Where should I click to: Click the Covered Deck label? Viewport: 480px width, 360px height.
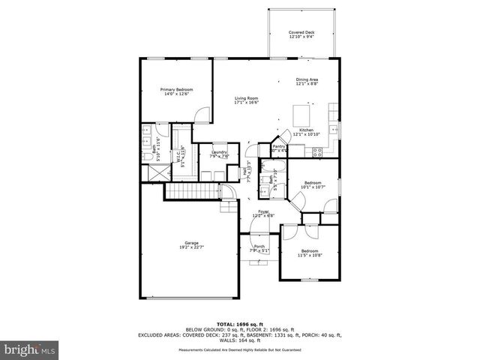(x=302, y=34)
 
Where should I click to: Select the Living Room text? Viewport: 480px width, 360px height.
(x=246, y=100)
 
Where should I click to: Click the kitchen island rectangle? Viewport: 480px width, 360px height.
(x=301, y=115)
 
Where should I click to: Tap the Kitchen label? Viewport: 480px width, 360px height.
(x=307, y=132)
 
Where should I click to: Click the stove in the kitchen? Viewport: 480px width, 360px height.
(x=317, y=151)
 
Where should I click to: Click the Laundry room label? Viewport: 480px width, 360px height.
(x=219, y=154)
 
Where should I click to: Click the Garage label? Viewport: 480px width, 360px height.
(x=192, y=244)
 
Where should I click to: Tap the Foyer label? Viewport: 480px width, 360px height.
(x=263, y=214)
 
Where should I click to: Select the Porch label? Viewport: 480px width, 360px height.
(x=259, y=248)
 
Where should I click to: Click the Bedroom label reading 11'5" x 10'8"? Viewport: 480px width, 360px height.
(x=310, y=253)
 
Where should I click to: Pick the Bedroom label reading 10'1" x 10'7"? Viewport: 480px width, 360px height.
(x=311, y=185)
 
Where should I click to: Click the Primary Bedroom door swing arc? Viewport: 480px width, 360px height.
(x=201, y=115)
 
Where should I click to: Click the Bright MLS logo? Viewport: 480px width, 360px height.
(x=30, y=349)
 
